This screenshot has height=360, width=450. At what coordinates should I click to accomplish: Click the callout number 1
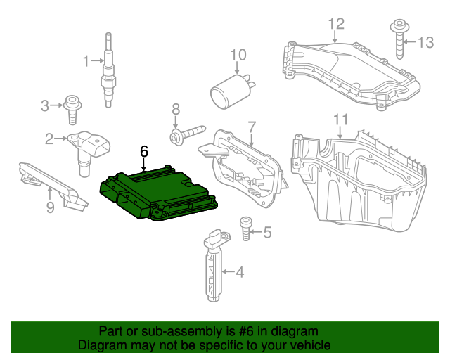86,61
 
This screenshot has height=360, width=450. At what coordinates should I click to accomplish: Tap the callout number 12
335,25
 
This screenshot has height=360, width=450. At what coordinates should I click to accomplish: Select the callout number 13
425,42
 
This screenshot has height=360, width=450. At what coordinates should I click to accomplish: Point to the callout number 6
144,150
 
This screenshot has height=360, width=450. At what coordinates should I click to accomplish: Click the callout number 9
50,207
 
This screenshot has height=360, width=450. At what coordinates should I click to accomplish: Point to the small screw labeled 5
245,229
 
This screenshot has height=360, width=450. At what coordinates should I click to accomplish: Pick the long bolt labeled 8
186,133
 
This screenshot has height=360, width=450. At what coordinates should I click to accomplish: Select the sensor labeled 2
87,149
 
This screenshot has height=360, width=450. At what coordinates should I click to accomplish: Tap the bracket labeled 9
53,184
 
